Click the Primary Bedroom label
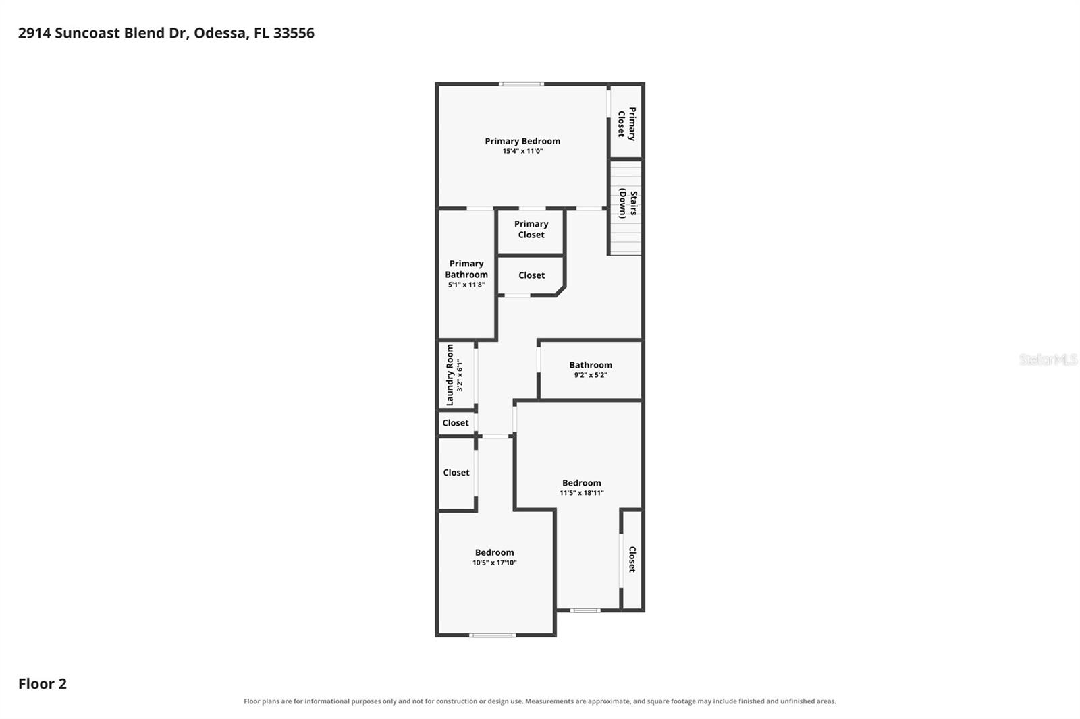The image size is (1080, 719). (x=522, y=141)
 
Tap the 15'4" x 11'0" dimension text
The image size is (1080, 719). (x=522, y=151)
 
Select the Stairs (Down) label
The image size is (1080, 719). (x=628, y=203)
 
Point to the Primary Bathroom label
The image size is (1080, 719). (x=466, y=269)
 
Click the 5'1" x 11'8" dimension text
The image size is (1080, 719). (x=466, y=285)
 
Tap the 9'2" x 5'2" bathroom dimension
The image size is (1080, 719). (x=591, y=375)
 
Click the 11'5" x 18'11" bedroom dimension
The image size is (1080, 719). (x=581, y=493)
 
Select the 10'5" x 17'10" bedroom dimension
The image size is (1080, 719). (x=494, y=563)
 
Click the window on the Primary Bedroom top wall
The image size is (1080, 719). (x=521, y=84)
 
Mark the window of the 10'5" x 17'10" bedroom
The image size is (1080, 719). (x=492, y=635)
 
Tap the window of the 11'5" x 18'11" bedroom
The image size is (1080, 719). (x=585, y=610)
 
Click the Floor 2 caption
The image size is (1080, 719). (x=43, y=684)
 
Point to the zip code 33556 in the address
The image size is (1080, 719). (x=294, y=33)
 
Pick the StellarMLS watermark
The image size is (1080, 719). (x=1048, y=359)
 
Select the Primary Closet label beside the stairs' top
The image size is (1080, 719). (x=627, y=124)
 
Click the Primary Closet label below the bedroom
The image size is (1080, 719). (x=531, y=229)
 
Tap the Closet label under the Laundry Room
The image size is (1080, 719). (x=456, y=423)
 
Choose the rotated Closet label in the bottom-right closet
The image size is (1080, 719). (x=632, y=559)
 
